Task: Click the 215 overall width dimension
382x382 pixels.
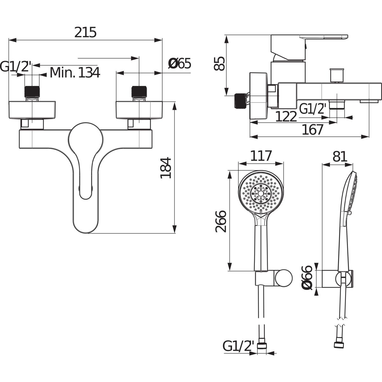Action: [85, 32]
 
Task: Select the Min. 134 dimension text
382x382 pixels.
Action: [75, 73]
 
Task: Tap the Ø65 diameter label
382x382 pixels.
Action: [180, 64]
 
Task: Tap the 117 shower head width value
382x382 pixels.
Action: [261, 156]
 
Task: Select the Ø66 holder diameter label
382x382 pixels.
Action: [308, 277]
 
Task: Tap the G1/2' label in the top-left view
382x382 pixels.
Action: [16, 67]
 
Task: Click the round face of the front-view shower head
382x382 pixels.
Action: [261, 193]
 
